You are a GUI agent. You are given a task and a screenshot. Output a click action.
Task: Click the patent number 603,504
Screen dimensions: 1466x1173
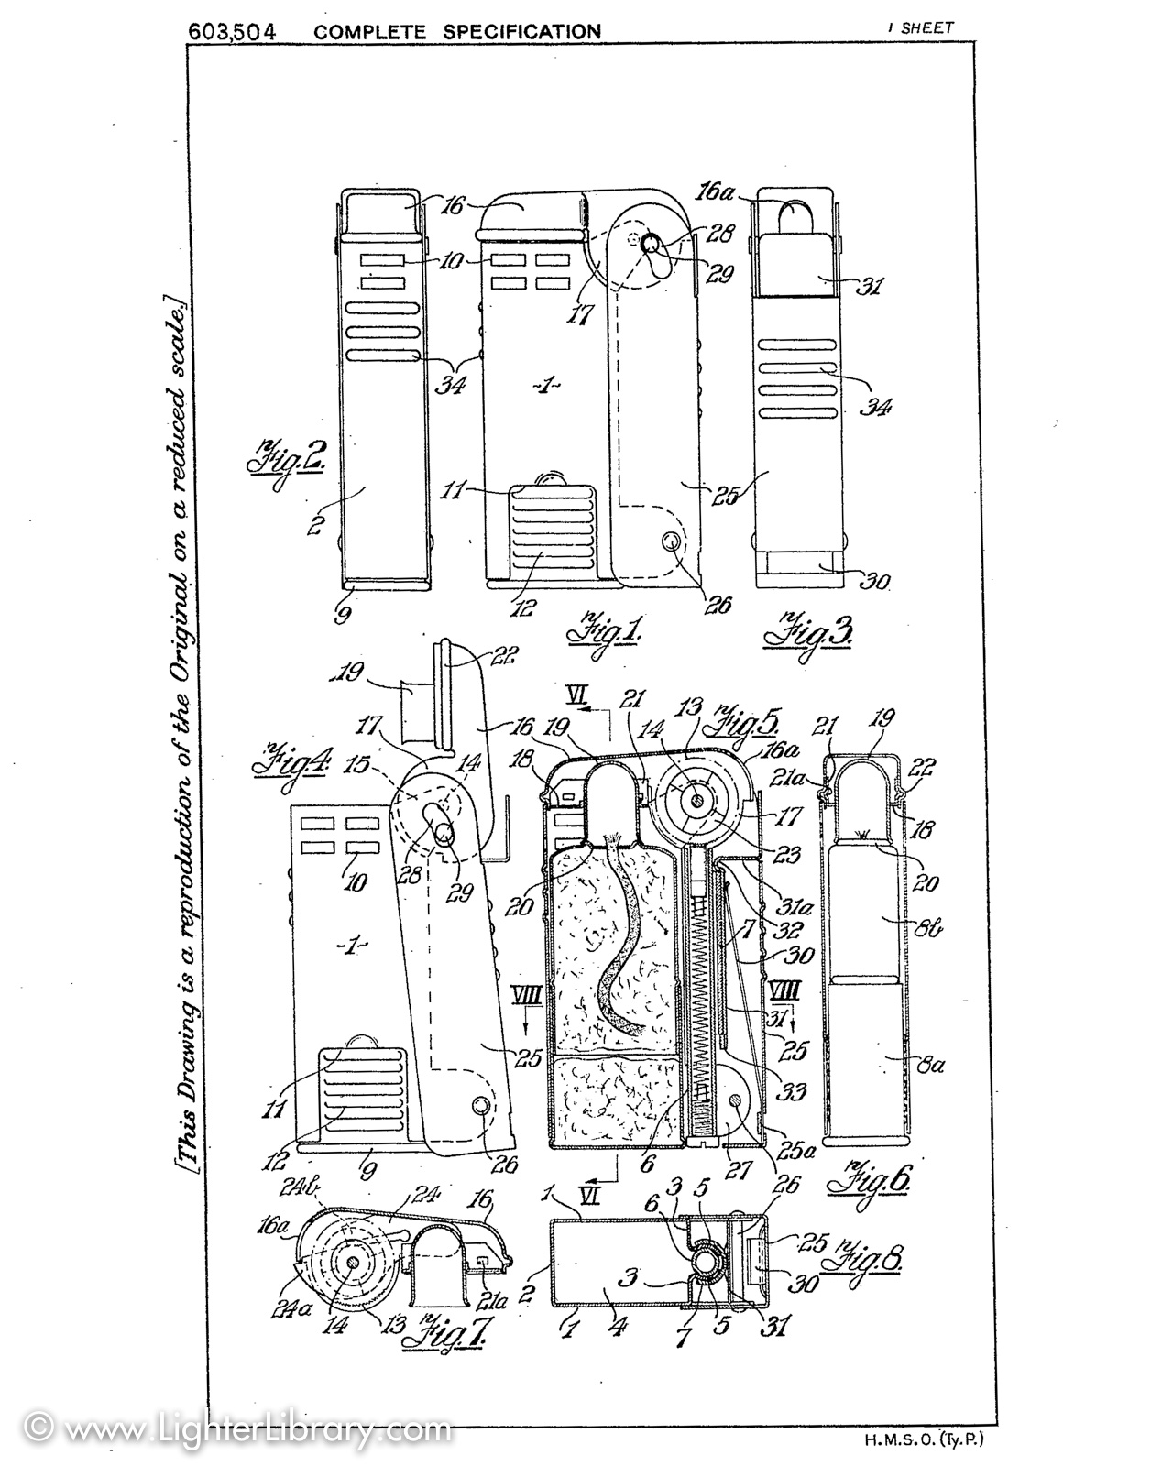233,30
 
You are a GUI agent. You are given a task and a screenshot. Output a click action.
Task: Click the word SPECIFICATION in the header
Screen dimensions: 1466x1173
522,31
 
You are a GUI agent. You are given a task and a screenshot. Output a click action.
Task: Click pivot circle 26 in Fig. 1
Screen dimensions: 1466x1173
675,542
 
